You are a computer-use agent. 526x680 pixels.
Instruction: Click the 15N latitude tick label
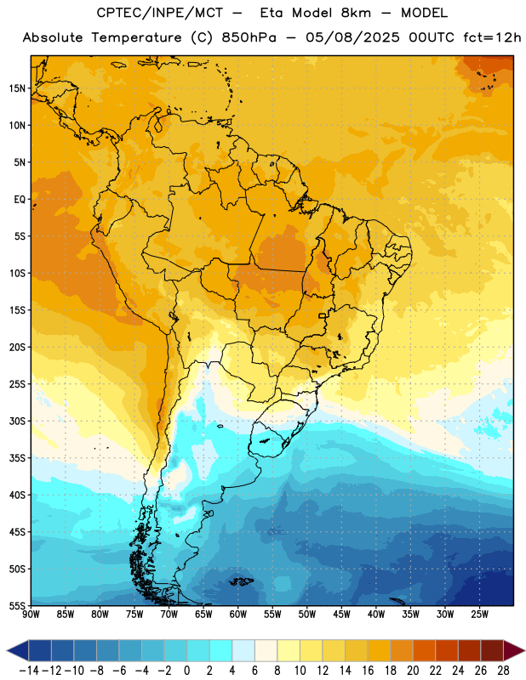[17, 88]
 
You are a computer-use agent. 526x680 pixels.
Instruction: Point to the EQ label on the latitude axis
[20, 200]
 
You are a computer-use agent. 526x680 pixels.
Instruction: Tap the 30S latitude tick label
[17, 422]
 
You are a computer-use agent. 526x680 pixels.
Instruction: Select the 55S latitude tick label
[17, 605]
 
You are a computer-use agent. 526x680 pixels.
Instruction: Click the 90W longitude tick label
[31, 615]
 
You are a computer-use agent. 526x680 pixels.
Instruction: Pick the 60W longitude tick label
[238, 615]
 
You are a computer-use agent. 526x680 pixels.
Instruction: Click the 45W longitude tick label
[341, 615]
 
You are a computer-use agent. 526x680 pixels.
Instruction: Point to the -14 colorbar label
[29, 671]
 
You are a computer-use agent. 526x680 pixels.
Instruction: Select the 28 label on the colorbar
[503, 671]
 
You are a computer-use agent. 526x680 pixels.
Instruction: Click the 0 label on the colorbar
[186, 671]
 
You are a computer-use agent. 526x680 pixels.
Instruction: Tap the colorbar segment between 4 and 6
[243, 651]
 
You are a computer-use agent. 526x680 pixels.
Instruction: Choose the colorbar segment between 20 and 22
[425, 651]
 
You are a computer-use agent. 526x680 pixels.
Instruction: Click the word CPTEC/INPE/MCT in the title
[159, 14]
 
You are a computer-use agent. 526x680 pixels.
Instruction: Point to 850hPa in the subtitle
[249, 37]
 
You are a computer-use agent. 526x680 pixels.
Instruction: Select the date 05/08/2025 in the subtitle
[352, 37]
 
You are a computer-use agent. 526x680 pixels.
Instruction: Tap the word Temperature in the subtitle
[136, 38]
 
